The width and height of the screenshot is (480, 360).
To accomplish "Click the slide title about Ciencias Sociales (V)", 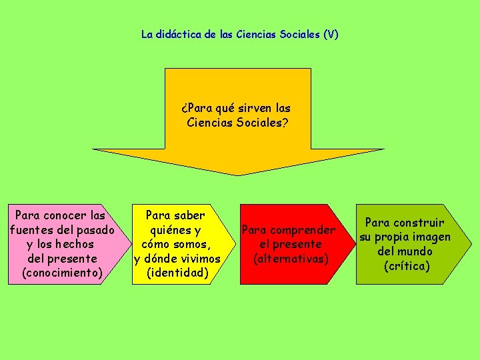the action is point(239,33).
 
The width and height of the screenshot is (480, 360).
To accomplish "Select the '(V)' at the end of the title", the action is point(330,33).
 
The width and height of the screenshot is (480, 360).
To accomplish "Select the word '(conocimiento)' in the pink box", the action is point(62,273).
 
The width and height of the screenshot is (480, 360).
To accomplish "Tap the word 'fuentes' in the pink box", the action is point(31,230).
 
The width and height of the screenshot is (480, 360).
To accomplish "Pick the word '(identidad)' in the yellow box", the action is point(177,273).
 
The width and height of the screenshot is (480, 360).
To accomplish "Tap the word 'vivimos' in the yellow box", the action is point(199,258).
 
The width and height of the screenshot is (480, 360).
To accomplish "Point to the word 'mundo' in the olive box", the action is point(415,251).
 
